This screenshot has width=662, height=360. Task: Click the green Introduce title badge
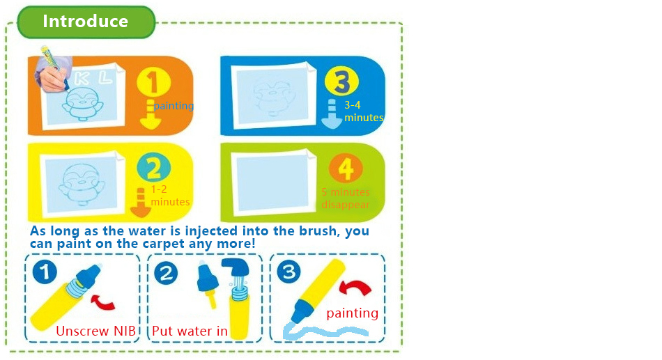[86, 22]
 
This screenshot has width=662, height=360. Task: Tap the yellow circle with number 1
[154, 82]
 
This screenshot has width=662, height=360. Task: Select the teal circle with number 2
[154, 168]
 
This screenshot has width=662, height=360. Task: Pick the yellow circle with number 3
[341, 81]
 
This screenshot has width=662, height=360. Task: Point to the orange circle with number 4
[346, 168]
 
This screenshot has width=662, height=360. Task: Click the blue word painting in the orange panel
[174, 106]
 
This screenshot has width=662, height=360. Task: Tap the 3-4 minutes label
[364, 111]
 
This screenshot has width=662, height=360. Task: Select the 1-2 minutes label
[170, 196]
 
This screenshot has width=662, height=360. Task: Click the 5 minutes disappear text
[346, 198]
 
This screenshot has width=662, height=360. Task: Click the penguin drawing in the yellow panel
[81, 184]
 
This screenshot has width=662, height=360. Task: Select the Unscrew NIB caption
[96, 331]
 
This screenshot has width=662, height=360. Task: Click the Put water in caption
[190, 331]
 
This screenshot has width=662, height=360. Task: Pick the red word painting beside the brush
[352, 313]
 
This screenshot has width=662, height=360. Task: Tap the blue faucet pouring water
[236, 267]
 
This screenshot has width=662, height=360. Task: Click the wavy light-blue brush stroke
[325, 331]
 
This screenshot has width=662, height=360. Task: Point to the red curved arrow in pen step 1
[102, 302]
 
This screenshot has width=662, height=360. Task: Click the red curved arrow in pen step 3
[355, 287]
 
